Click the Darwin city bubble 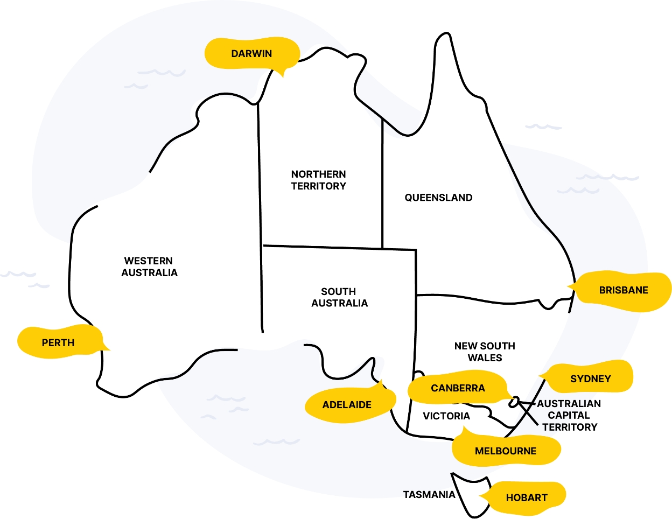(251, 53)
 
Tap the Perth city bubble (58, 342)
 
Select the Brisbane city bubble (623, 290)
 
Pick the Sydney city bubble (590, 378)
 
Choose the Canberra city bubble (458, 388)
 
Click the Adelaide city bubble (347, 405)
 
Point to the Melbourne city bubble (505, 451)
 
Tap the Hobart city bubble (526, 497)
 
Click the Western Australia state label (149, 267)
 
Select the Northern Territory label (318, 180)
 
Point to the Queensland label (438, 198)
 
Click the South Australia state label (339, 297)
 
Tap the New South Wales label (485, 352)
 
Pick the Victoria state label (446, 416)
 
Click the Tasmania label (429, 494)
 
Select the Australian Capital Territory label (569, 415)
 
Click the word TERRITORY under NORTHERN (318, 186)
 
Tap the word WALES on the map (485, 358)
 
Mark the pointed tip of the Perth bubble (109, 350)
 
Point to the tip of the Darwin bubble (283, 77)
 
